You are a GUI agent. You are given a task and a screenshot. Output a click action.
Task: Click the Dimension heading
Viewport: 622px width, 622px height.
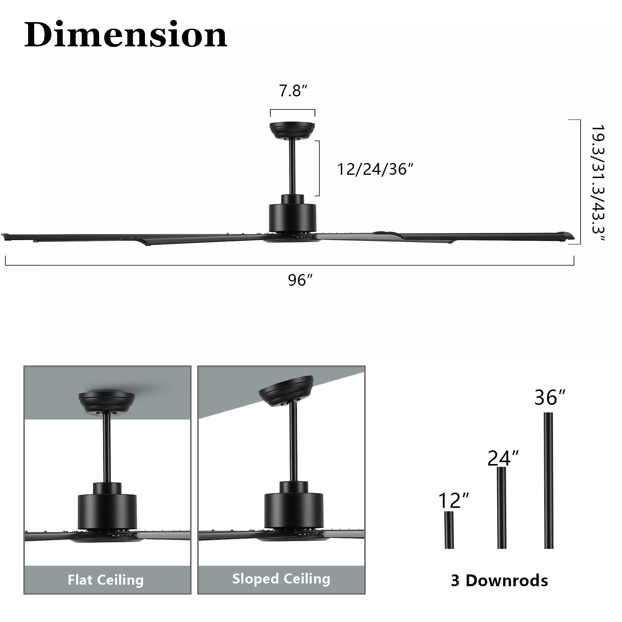tap(126, 35)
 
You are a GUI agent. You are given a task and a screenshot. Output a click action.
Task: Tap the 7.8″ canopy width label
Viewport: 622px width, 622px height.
tap(293, 91)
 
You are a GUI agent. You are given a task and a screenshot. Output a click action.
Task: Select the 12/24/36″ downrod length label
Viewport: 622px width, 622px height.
tap(375, 169)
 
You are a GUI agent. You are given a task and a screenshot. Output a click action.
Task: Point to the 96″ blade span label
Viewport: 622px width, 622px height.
tap(300, 280)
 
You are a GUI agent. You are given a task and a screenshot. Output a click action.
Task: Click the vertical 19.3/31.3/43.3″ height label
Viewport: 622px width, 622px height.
tap(598, 183)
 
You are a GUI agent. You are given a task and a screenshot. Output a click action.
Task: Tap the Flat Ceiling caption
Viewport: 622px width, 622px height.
tap(106, 580)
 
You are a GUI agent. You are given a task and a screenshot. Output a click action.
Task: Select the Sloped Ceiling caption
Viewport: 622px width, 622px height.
tap(281, 579)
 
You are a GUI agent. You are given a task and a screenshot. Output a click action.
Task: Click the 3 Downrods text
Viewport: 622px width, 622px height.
tap(499, 581)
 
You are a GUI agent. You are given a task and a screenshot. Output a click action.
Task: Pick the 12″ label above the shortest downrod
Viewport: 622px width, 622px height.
tap(453, 500)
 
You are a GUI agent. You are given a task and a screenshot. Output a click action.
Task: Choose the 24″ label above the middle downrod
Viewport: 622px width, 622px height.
tap(503, 458)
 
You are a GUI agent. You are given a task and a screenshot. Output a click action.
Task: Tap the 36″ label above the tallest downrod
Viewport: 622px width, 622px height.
tap(550, 397)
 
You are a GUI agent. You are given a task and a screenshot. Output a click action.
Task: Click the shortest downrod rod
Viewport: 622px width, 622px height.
tap(449, 530)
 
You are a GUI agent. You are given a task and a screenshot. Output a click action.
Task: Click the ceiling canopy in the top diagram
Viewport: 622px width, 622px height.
tap(292, 130)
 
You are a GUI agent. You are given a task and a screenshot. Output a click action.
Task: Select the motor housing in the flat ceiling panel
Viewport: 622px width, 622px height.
tap(107, 510)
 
